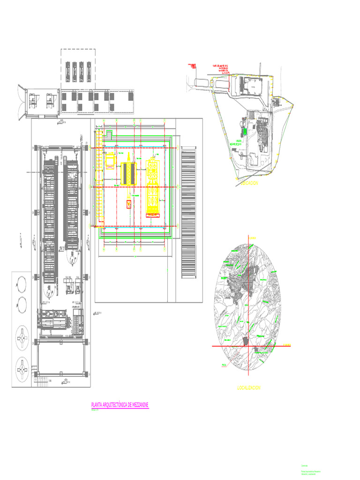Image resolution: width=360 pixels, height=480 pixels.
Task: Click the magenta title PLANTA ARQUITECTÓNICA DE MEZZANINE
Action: (120, 405)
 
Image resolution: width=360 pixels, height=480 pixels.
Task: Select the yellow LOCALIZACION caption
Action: (248, 388)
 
